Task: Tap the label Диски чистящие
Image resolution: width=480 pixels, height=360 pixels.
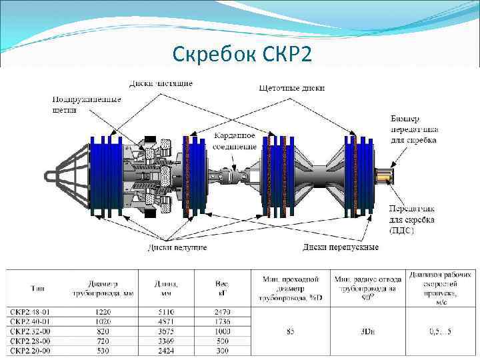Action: [161, 83]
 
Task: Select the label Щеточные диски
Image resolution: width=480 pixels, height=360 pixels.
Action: [291, 87]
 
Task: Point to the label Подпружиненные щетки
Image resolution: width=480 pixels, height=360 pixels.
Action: [87, 105]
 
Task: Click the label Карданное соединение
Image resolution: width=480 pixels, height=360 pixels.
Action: [235, 141]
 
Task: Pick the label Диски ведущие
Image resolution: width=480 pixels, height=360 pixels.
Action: [177, 247]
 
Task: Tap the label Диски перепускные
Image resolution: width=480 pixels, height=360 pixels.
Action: [340, 247]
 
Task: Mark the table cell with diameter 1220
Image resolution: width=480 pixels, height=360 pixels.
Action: [103, 312]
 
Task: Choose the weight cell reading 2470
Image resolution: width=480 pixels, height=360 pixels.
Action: [222, 312]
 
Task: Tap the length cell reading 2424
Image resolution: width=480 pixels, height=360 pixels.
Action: [166, 351]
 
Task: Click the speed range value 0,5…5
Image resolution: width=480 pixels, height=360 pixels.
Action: [439, 331]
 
